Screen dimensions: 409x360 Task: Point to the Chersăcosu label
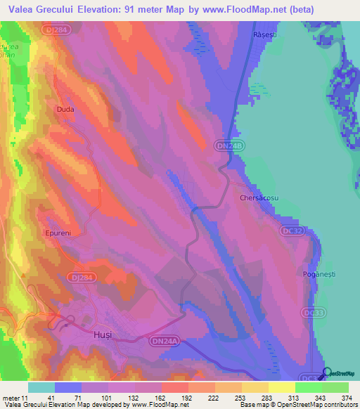(x=259, y=198)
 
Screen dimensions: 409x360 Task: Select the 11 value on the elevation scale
(x=26, y=398)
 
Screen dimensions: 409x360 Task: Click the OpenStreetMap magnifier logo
(x=328, y=372)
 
